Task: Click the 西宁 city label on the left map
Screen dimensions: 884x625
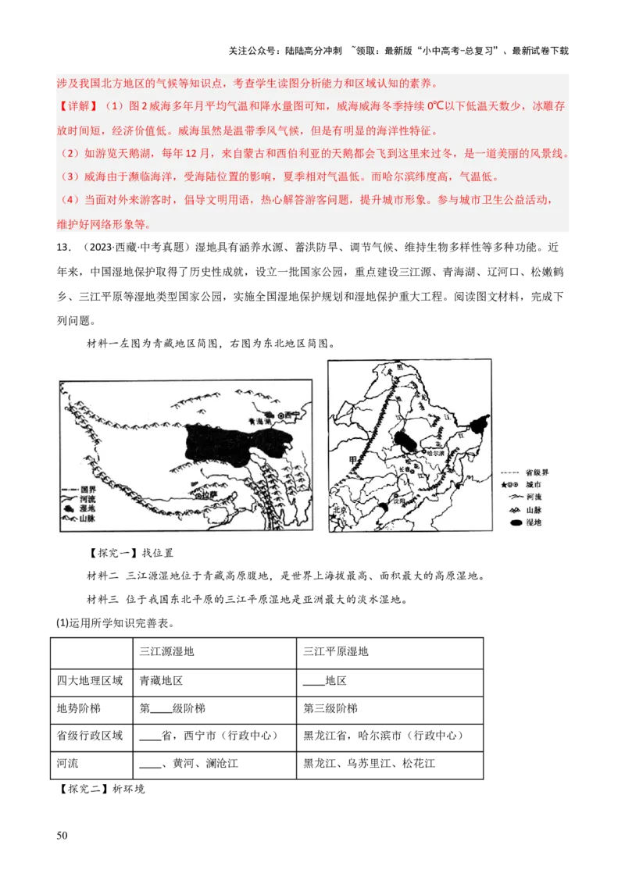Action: coord(292,414)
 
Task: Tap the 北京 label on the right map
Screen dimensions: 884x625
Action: coord(337,508)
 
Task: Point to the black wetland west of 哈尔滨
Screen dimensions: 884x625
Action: coord(405,439)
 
